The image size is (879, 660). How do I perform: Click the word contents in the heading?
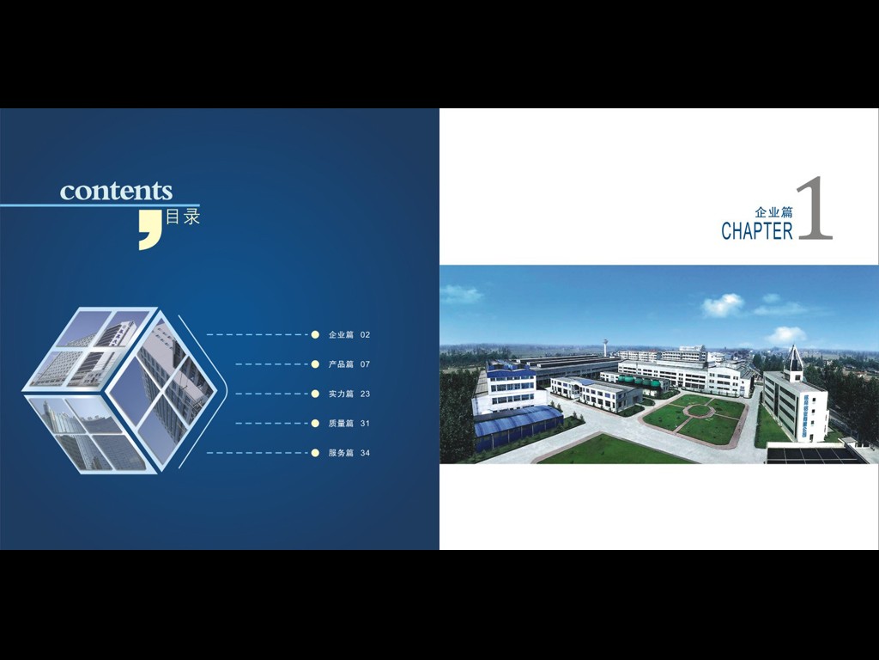click(x=116, y=191)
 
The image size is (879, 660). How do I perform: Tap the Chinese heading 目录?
click(x=183, y=217)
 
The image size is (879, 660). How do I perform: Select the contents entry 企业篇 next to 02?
click(x=341, y=335)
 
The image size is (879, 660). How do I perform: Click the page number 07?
click(x=365, y=364)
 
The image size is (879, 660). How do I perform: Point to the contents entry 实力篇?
click(x=341, y=394)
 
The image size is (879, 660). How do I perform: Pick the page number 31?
click(x=365, y=423)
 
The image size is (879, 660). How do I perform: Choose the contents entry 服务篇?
click(x=341, y=453)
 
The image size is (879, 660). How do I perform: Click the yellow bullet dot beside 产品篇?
click(x=315, y=364)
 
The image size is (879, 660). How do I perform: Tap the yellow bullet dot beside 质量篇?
click(x=315, y=423)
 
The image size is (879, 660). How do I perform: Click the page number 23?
click(x=365, y=394)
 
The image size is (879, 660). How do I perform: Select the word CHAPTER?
click(x=757, y=230)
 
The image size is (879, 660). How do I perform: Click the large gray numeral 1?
click(x=815, y=208)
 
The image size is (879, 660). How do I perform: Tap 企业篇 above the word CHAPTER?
click(x=773, y=212)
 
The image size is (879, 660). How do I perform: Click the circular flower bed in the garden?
click(x=699, y=410)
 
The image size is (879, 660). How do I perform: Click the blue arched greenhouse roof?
click(x=517, y=420)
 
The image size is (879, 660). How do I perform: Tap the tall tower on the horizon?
click(x=605, y=347)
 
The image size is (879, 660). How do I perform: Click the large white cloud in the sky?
click(x=723, y=305)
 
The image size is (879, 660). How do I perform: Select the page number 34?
click(x=365, y=453)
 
